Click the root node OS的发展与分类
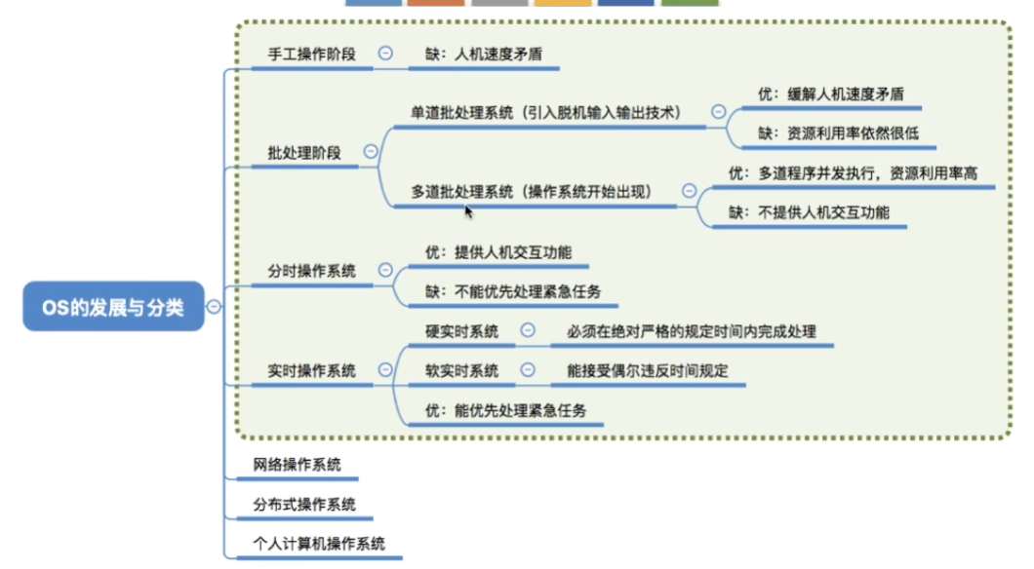(x=113, y=306)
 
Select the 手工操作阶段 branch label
(x=312, y=54)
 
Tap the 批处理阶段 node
(x=304, y=153)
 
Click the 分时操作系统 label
(x=312, y=271)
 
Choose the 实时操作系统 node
(x=312, y=371)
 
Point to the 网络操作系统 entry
(x=298, y=465)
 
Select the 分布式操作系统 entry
(x=304, y=505)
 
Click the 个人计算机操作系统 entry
(x=319, y=544)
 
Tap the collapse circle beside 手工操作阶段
(x=385, y=53)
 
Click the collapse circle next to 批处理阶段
(x=371, y=151)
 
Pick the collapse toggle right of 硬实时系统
(x=528, y=330)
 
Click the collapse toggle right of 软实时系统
(x=528, y=370)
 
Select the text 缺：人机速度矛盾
(x=484, y=54)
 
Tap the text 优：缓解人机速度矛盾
(x=831, y=95)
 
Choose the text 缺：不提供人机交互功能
(x=809, y=212)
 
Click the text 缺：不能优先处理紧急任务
(x=513, y=291)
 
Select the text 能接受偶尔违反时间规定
(x=648, y=371)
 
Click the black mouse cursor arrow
(x=468, y=211)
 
